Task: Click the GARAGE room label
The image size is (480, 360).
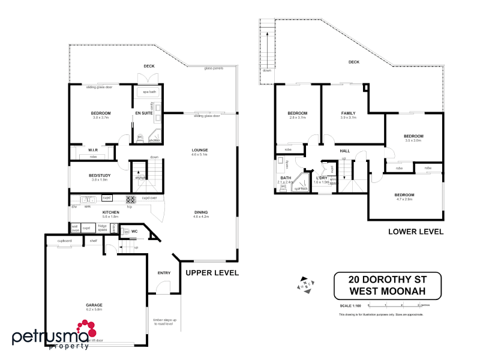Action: [x=94, y=305]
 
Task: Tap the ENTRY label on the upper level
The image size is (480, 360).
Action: [x=164, y=273]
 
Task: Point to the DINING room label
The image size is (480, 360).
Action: [x=201, y=212]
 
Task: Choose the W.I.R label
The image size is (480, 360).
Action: [x=93, y=150]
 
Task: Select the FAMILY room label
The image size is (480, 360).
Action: [x=348, y=113]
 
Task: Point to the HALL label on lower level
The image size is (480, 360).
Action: [x=345, y=151]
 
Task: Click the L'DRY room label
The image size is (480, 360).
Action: [x=322, y=178]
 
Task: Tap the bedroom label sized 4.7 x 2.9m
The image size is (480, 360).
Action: [x=404, y=195]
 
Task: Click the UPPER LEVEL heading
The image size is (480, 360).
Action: [x=212, y=272]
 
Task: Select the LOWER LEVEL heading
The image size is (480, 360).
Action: [x=416, y=231]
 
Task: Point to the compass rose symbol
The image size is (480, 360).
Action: [x=305, y=285]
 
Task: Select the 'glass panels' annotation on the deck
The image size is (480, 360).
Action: [x=214, y=68]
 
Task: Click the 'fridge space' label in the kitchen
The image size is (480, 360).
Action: [x=103, y=228]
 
